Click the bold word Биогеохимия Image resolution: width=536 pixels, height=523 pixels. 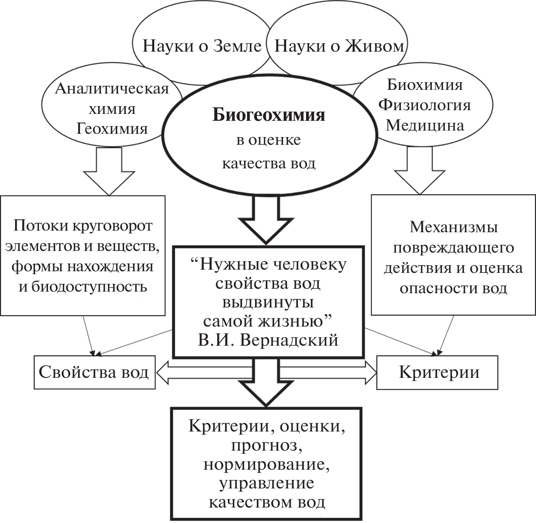[269, 115]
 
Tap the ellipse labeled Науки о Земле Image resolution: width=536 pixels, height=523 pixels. [201, 46]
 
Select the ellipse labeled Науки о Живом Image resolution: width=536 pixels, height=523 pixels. [339, 46]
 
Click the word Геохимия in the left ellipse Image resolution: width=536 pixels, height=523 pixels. [112, 129]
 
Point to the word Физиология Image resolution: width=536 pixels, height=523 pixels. [424, 105]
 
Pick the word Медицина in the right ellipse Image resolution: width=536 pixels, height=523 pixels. [424, 125]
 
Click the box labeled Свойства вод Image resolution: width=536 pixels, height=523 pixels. [94, 372]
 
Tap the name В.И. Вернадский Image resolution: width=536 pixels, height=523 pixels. [268, 340]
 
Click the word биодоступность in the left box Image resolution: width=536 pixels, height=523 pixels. [83, 287]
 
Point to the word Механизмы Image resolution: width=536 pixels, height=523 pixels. [453, 227]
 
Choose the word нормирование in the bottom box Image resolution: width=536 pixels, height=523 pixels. [267, 464]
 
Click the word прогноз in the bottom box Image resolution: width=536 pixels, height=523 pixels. [267, 445]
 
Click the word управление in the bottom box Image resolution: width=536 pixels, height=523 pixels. [267, 483]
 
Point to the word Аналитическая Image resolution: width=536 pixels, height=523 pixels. [112, 89]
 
